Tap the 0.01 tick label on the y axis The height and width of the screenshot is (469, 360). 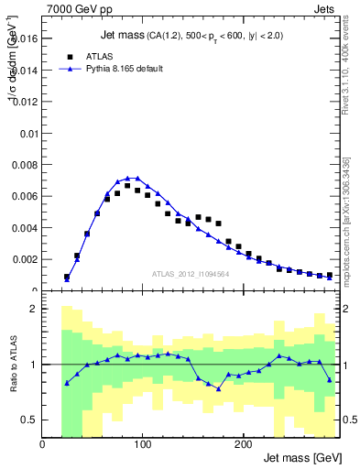click(x=28, y=134)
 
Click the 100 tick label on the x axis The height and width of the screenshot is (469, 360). click(x=142, y=445)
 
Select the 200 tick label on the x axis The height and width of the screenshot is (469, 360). click(x=242, y=445)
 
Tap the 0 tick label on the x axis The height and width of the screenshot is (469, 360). click(x=42, y=445)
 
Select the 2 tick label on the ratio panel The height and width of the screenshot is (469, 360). click(x=33, y=309)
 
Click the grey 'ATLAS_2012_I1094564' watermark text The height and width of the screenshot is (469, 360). click(x=190, y=273)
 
